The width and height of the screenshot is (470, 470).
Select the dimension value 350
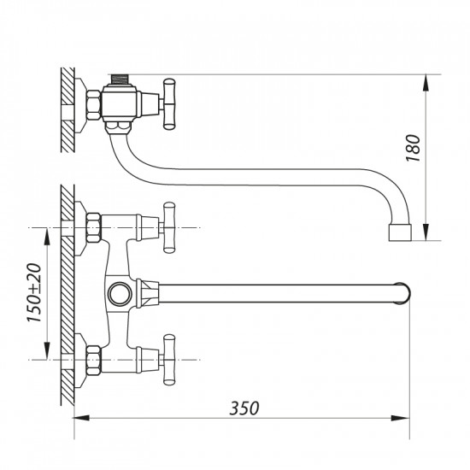point(244,408)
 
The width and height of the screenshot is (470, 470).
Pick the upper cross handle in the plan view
point(168,227)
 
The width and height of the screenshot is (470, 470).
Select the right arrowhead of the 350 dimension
point(405,419)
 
